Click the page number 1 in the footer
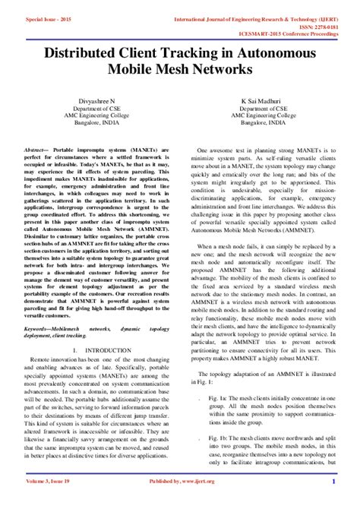pyautogui.click(x=333, y=502)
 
